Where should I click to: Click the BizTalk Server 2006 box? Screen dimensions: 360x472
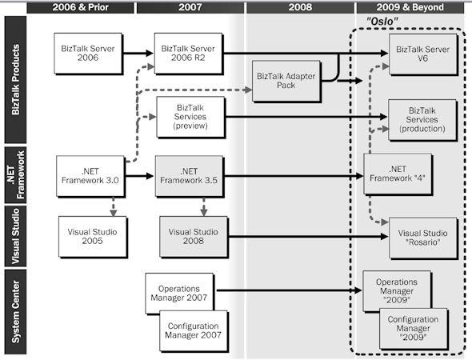(x=87, y=53)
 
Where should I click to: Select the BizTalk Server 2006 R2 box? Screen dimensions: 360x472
(x=188, y=53)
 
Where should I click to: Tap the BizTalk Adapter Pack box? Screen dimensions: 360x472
(x=286, y=82)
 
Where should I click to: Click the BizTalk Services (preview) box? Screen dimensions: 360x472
(x=188, y=118)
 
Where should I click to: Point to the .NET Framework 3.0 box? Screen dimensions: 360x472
(x=89, y=175)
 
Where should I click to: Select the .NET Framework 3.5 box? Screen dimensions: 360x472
(x=190, y=175)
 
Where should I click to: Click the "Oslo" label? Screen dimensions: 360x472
(x=383, y=20)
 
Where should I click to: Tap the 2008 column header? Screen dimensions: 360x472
(x=299, y=7)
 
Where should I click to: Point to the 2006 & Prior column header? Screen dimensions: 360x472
(x=80, y=7)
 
